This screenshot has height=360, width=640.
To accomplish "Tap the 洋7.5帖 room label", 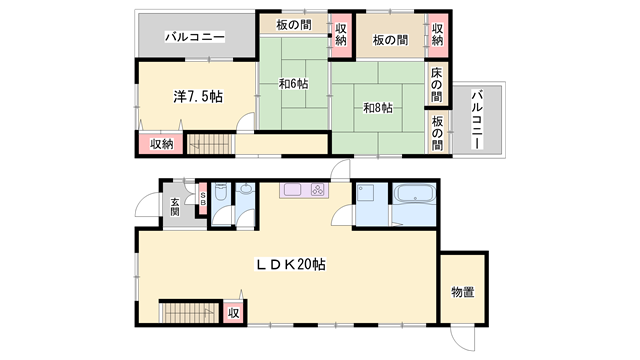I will pyautogui.click(x=197, y=97).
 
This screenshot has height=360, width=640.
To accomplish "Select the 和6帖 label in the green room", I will pyautogui.click(x=293, y=83).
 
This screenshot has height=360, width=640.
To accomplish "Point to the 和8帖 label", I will pyautogui.click(x=377, y=108).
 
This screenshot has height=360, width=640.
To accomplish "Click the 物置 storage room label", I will pyautogui.click(x=462, y=292).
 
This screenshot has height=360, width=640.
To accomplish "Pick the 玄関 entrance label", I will pyautogui.click(x=174, y=207).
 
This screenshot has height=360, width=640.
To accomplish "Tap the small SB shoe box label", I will pyautogui.click(x=203, y=198).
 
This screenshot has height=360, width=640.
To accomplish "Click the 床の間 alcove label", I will pyautogui.click(x=438, y=85).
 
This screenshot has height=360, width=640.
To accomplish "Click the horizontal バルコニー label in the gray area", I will pyautogui.click(x=196, y=37).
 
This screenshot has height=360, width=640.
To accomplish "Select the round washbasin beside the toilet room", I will pyautogui.click(x=246, y=190).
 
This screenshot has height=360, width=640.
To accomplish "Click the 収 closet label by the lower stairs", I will pyautogui.click(x=233, y=314).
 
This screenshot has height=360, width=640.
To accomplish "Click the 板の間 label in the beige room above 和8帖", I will pyautogui.click(x=390, y=41).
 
